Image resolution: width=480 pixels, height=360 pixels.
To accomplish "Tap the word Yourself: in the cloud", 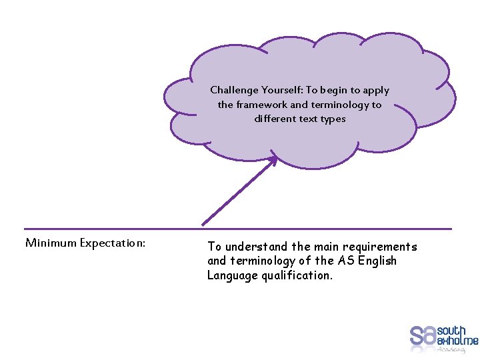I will tap(282, 90).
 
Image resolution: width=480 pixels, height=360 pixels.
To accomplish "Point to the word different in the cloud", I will tap(277, 119).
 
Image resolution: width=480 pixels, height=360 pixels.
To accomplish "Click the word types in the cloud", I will tap(333, 119).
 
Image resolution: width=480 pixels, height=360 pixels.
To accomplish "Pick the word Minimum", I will tap(51, 243).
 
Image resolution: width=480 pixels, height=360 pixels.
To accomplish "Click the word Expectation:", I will tap(113, 243).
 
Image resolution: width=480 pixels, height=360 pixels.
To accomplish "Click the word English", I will tap(377, 261).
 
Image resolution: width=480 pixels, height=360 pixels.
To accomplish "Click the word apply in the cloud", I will tap(377, 90).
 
